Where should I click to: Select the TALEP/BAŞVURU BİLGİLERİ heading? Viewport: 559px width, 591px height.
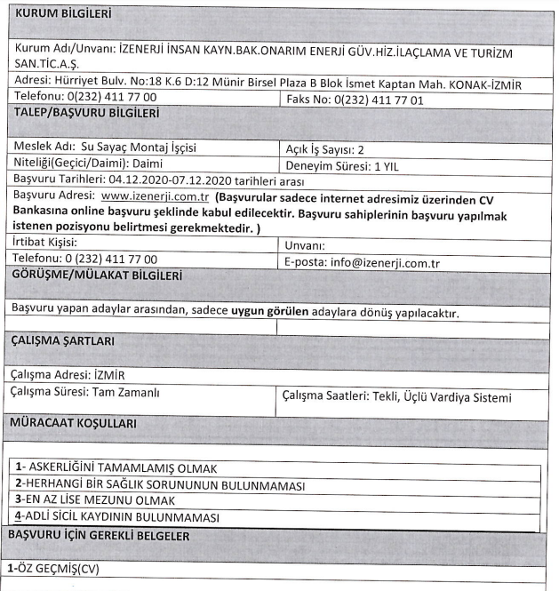[86, 113]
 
